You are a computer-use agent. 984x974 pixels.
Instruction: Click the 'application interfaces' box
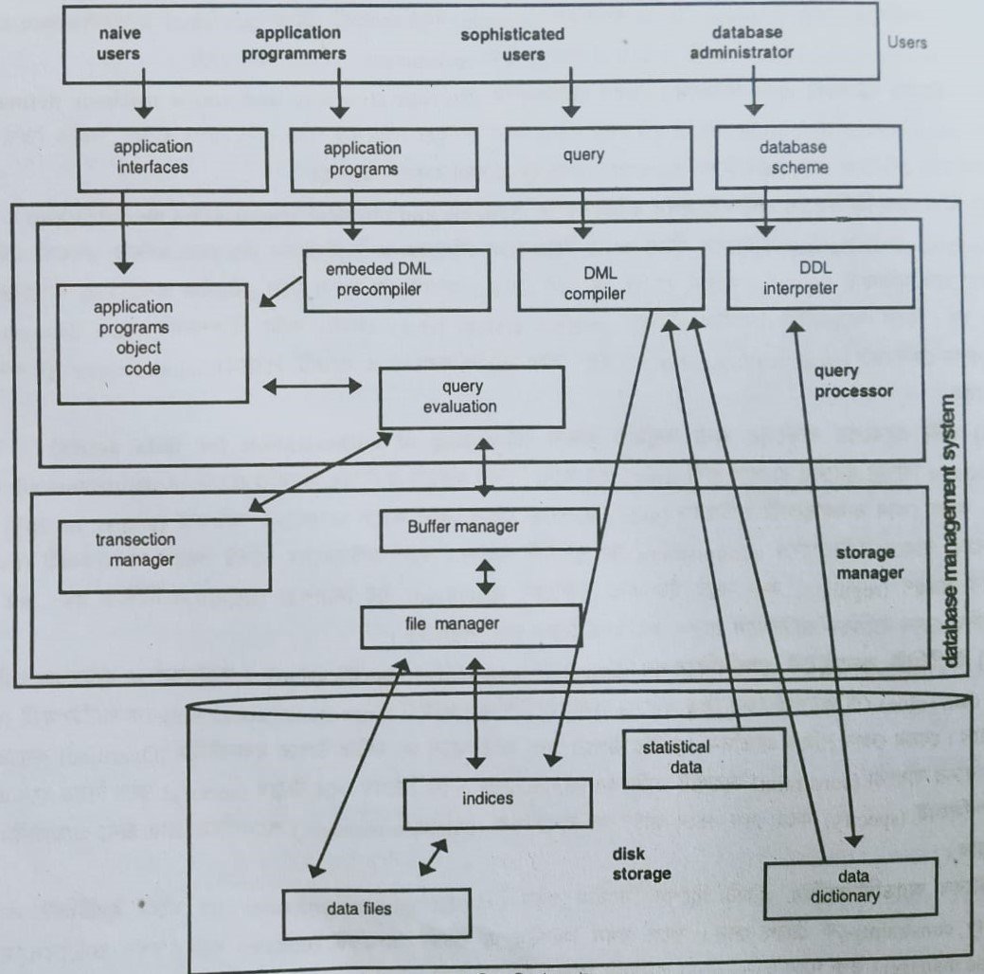152,158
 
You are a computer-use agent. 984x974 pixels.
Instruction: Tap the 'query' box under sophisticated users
582,154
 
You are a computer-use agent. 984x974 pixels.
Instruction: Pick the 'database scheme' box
794,156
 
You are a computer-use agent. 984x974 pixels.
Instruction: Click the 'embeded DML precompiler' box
396,280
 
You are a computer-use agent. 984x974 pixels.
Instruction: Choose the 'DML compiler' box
610,280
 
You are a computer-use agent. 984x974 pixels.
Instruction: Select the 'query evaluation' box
471,397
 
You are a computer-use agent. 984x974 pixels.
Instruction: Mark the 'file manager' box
471,623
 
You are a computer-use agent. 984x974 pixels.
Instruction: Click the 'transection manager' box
163,549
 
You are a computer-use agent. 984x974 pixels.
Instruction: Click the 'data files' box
374,908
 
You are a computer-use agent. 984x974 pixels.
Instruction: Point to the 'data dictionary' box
850,887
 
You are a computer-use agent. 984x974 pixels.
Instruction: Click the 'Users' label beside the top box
907,42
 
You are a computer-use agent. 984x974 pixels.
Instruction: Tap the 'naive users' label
119,44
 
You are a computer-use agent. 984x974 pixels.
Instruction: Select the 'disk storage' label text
641,863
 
